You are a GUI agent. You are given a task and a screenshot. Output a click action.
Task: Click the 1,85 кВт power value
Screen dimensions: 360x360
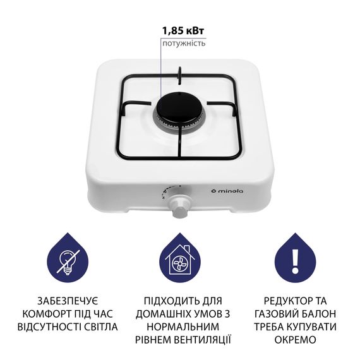pos(183,30)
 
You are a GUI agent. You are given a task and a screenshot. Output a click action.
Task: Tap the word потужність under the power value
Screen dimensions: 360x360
pos(183,44)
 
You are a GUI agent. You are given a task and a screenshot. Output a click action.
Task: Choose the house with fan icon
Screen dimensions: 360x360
pos(179,260)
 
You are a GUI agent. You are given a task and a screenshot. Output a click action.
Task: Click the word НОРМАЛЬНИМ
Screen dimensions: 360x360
pos(180,327)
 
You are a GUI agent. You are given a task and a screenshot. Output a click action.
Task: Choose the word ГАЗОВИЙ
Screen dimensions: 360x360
pos(277,313)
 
